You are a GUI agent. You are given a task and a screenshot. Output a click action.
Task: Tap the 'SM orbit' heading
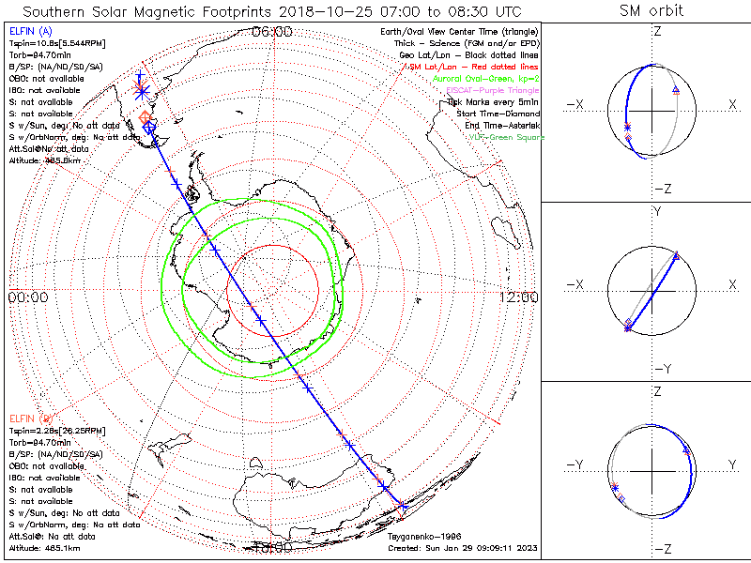651,11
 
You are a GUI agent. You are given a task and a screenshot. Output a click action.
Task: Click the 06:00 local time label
273,32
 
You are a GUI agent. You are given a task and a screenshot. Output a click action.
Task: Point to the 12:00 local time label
519,297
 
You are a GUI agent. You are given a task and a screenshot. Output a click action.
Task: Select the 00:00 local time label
27,297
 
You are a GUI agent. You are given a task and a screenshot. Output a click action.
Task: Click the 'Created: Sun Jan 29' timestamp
462,548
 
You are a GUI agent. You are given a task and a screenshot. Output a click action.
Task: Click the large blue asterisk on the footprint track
141,90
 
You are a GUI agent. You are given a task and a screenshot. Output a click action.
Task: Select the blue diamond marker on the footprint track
148,126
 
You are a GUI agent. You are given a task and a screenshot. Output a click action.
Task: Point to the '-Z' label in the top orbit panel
662,189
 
